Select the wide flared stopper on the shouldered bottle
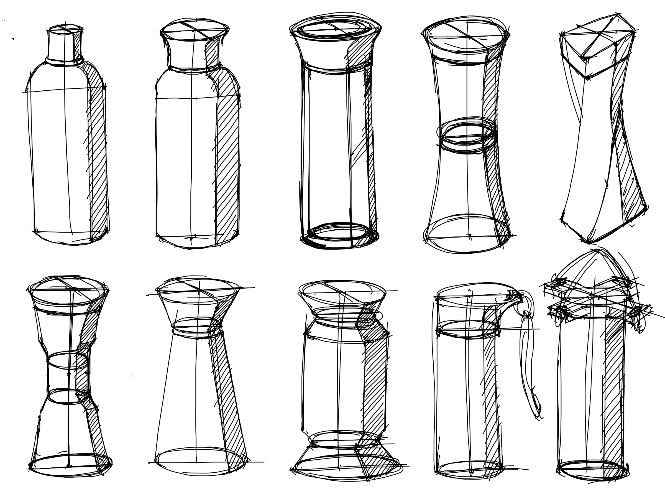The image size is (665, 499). click(192, 48)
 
